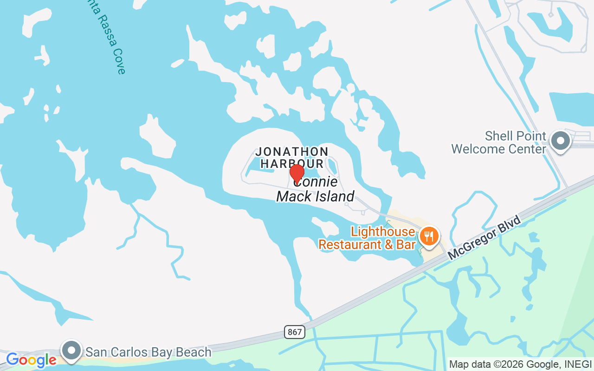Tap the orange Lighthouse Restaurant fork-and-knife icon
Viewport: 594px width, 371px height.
coord(429,237)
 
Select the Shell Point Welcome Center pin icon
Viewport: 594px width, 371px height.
coord(560,141)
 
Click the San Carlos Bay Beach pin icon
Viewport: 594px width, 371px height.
coord(71,351)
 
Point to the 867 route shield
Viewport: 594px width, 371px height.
coord(294,332)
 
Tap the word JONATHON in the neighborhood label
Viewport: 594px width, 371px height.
coord(292,152)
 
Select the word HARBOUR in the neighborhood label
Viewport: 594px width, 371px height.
coord(292,164)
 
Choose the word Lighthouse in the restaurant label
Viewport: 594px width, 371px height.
coord(383,231)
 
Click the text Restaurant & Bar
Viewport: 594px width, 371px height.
coord(367,244)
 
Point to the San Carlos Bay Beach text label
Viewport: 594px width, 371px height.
coord(148,352)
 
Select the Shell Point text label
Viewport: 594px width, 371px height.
coord(515,136)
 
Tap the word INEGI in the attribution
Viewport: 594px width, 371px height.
coord(579,365)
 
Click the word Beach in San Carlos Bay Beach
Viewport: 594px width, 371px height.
coord(194,352)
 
